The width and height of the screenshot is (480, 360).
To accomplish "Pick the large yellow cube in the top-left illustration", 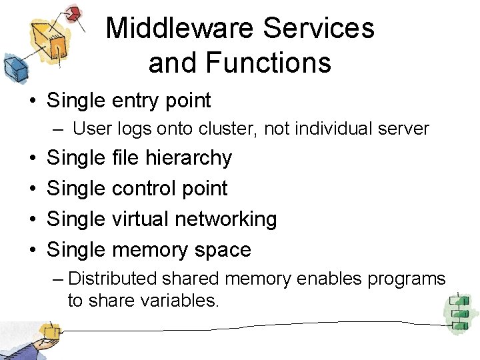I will pos(49,37).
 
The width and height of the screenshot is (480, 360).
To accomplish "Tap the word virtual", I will pos(143,219).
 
